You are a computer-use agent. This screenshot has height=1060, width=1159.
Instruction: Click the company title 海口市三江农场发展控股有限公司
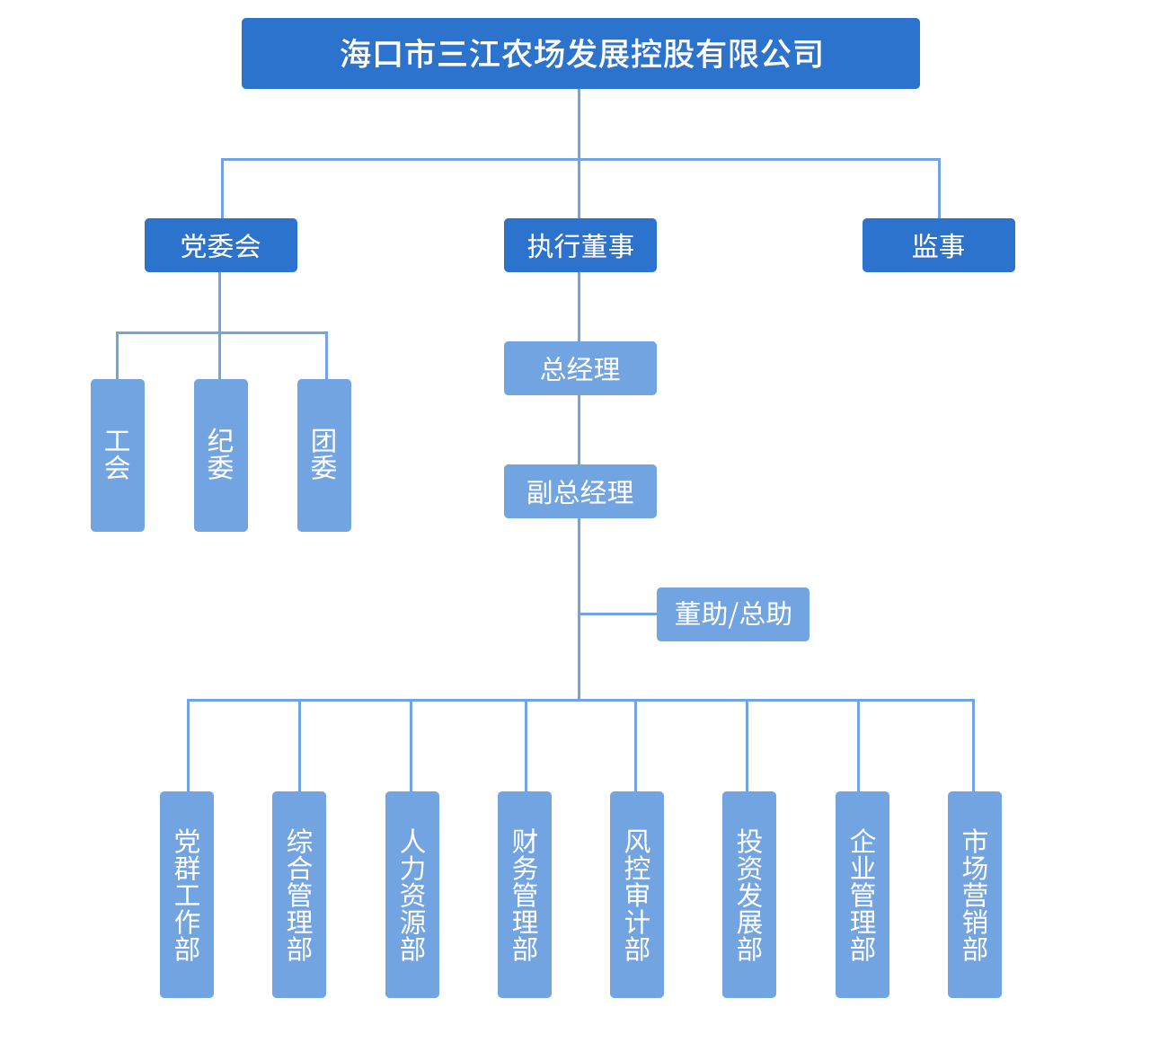(580, 54)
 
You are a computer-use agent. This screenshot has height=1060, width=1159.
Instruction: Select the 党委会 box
(221, 245)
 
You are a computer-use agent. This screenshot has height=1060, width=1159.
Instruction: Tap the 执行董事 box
(580, 245)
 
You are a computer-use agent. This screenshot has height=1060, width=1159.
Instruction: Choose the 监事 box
(939, 245)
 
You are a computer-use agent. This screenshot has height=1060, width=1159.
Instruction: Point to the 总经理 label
(580, 369)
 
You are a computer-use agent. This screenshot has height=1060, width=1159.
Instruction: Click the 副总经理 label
(580, 492)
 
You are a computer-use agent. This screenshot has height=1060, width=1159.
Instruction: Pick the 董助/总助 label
(733, 614)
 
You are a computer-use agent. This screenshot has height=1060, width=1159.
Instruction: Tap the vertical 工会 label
(118, 455)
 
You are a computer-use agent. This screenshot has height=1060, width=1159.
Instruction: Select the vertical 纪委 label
(221, 455)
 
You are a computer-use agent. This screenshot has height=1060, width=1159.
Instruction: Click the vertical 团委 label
(324, 455)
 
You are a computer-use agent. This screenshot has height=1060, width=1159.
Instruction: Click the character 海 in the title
(356, 54)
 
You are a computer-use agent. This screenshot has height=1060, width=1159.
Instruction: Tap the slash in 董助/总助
(734, 614)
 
